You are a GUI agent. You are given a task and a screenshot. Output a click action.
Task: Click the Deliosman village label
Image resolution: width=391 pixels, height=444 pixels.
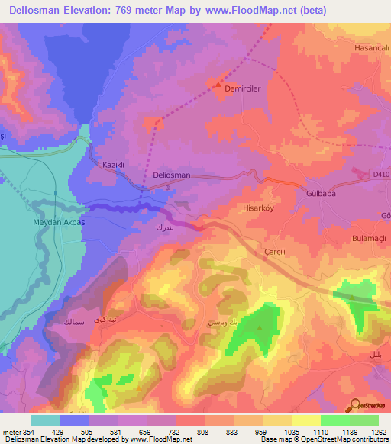pyautogui.click(x=172, y=175)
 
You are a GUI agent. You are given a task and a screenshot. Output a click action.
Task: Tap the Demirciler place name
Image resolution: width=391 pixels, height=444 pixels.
pyautogui.click(x=243, y=88)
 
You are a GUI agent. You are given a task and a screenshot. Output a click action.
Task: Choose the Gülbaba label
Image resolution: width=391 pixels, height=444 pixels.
pyautogui.click(x=321, y=194)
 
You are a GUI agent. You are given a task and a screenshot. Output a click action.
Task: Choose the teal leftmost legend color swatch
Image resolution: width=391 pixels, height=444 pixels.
pyautogui.click(x=45, y=420)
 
